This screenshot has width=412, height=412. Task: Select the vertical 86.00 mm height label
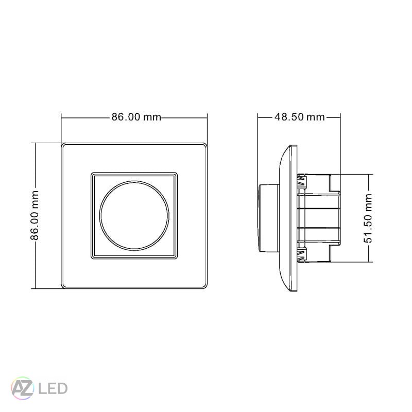[x=35, y=215]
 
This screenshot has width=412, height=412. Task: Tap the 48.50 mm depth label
[x=299, y=117]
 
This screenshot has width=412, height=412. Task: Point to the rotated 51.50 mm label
[x=369, y=218]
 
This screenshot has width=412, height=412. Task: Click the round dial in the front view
[x=135, y=216]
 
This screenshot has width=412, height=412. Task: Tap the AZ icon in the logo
[x=23, y=387]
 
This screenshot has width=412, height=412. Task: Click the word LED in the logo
[x=53, y=388]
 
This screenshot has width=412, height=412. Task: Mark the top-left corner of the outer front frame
[x=62, y=144]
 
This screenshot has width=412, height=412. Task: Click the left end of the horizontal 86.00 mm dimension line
[x=61, y=117]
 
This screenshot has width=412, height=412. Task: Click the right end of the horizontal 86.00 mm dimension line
[x=207, y=117]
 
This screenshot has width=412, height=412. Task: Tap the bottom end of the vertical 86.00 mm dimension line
[x=35, y=288]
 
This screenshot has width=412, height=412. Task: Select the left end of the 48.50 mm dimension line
[x=258, y=117]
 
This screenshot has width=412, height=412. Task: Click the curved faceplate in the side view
[x=288, y=218]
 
